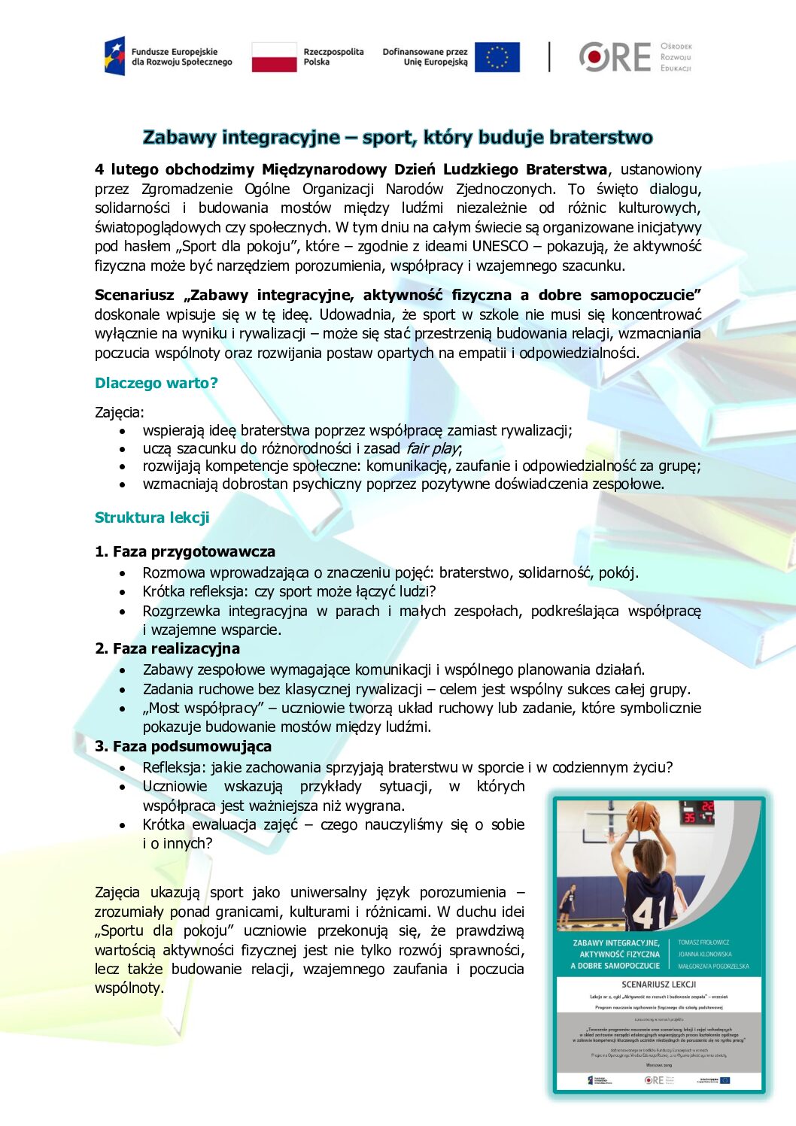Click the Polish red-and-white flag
click(274, 57)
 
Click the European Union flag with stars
click(497, 57)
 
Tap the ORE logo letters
click(615, 57)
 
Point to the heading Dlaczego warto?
click(156, 383)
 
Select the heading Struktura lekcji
click(152, 517)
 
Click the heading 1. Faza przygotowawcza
click(185, 551)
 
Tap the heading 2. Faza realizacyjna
click(167, 648)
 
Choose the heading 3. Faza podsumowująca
click(183, 746)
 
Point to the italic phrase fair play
click(433, 448)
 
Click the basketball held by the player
click(643, 816)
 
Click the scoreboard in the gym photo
click(697, 813)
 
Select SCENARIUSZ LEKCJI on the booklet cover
click(658, 984)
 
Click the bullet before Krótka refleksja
click(123, 592)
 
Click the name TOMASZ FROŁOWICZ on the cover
click(703, 942)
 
